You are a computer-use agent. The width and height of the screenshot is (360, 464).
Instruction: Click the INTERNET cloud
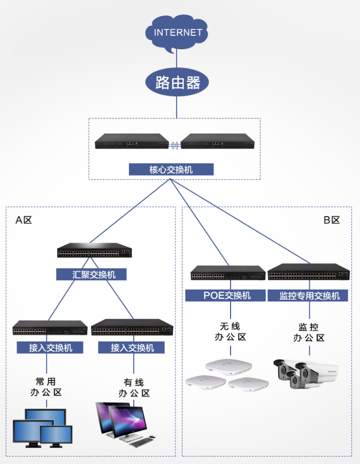coord(177,33)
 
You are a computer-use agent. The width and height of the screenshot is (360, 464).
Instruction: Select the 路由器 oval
coord(177,82)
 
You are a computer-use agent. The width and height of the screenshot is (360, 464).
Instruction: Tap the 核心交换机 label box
coord(171,170)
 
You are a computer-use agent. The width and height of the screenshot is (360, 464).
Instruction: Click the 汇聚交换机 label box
coord(91,275)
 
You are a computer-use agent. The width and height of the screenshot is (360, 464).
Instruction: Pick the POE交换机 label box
coord(225,295)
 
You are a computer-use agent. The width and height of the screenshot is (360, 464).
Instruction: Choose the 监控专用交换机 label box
coord(308,295)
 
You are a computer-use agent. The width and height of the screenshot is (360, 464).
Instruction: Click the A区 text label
coord(24,220)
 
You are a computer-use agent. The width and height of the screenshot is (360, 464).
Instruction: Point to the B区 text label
coord(332,220)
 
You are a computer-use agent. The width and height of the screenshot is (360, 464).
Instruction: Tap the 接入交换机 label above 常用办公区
coord(50,347)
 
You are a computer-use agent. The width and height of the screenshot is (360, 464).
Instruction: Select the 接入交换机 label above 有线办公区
coord(132,347)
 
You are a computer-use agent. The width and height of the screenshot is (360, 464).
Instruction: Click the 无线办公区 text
coord(230,332)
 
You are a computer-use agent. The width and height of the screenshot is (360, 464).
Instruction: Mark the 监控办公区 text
coord(309,332)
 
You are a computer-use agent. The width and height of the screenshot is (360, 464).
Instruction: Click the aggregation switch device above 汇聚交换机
coord(95,250)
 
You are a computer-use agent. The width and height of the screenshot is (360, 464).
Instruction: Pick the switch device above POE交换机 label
coord(228,273)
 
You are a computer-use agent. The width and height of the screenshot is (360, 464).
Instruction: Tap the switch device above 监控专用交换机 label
coord(309,272)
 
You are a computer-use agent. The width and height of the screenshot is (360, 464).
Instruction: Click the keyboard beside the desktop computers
coord(141,443)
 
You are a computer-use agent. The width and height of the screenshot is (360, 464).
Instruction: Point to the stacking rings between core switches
coord(175,145)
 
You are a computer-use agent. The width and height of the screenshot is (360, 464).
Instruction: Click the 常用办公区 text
coord(46,387)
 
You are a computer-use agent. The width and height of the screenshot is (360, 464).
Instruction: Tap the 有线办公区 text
coord(134,388)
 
